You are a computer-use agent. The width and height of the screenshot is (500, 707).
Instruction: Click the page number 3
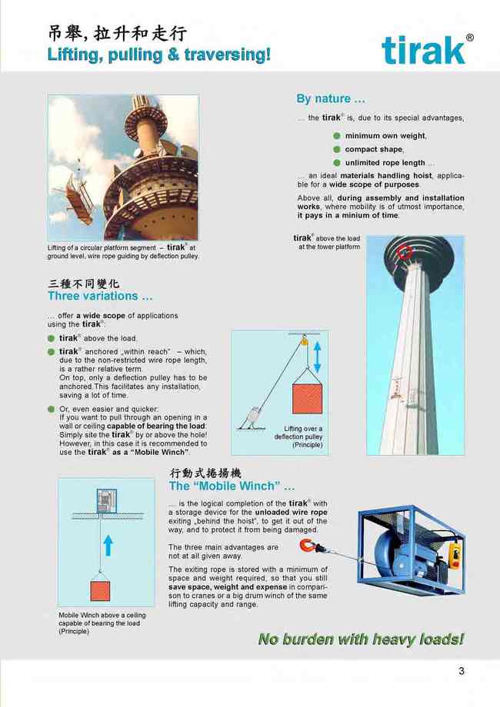click(462, 671)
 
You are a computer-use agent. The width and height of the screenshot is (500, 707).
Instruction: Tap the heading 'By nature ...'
click(331, 98)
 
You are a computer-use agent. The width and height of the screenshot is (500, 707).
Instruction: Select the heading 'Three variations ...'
click(100, 296)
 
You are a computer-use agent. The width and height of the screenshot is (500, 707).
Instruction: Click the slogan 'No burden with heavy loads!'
click(361, 639)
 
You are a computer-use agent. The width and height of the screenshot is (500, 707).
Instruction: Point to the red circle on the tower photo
click(405, 253)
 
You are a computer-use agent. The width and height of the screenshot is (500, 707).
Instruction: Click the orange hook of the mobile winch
click(308, 546)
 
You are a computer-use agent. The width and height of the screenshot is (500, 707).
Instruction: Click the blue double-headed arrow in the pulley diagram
click(317, 357)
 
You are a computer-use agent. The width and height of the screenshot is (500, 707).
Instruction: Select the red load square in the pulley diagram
click(308, 399)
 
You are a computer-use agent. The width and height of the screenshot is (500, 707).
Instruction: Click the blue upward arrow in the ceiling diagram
click(108, 546)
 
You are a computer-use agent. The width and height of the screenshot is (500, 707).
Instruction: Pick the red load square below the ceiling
click(100, 591)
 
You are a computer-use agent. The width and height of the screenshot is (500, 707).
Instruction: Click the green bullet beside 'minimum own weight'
click(337, 136)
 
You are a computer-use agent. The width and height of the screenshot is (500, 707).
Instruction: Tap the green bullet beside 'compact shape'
click(337, 149)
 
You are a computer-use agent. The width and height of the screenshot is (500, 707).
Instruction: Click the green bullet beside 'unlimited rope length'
click(337, 163)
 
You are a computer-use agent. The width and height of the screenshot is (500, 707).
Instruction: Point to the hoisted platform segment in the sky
click(78, 198)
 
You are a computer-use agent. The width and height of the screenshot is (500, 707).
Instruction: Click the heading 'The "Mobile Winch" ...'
click(232, 486)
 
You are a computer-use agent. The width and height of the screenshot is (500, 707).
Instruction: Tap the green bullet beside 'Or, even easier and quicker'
click(51, 409)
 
